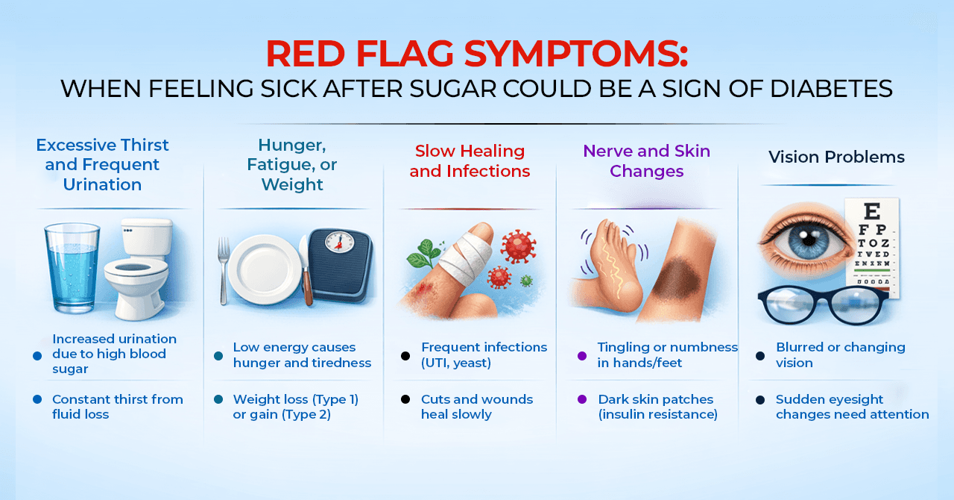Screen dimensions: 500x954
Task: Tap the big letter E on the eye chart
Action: tap(873, 211)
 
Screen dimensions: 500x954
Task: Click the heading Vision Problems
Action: tap(836, 157)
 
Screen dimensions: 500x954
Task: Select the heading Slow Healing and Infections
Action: tap(470, 161)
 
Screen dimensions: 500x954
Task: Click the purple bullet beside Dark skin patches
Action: tap(582, 399)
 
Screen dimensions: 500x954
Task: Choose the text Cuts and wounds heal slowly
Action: tap(477, 407)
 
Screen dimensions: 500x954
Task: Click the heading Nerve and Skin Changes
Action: tap(646, 161)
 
